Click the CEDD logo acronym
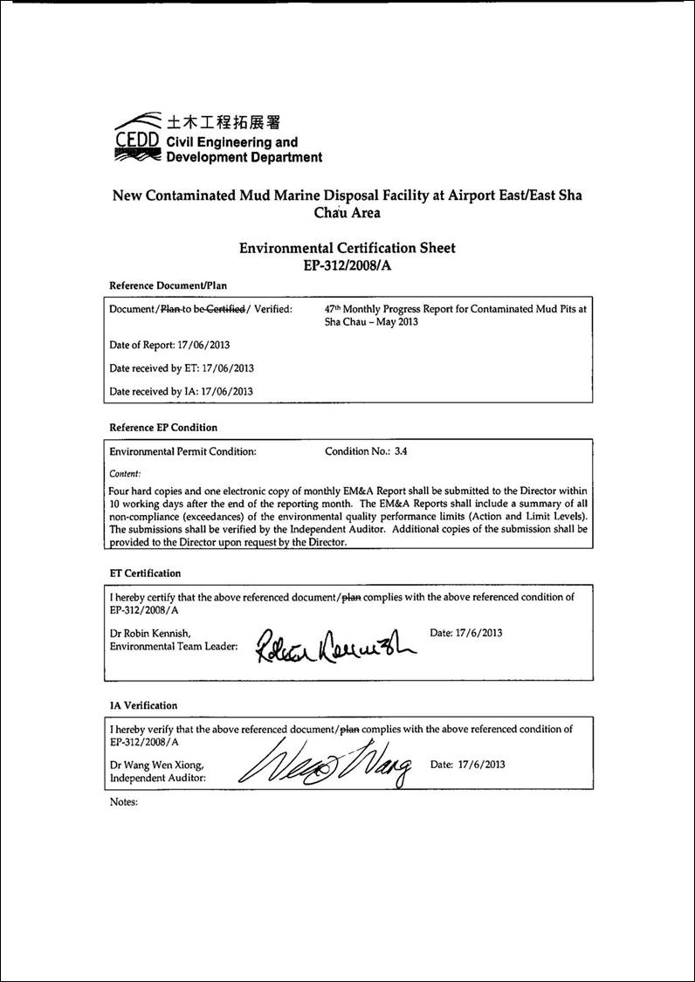coord(136,141)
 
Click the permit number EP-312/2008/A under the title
coord(347,266)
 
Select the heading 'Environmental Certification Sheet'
coord(347,249)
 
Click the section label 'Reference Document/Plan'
coord(168,285)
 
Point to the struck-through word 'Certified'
coord(227,309)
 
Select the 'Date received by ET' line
coord(182,368)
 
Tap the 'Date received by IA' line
coord(181,391)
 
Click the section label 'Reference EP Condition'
coord(163,428)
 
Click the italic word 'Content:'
coord(126,473)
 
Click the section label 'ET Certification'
coord(145,573)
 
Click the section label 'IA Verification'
coord(143,705)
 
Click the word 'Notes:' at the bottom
coord(124,800)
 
